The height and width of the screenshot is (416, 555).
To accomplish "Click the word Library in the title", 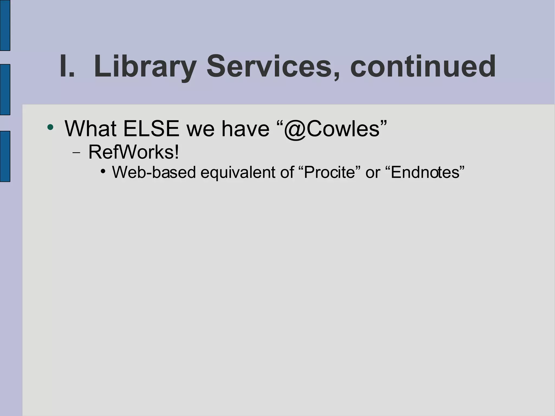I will [145, 67].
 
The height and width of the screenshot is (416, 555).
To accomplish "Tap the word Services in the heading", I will [269, 66].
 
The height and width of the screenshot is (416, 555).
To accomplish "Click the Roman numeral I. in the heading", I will [67, 66].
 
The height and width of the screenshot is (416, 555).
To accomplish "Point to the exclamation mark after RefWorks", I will [177, 152].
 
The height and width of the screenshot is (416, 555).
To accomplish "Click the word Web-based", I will [154, 172].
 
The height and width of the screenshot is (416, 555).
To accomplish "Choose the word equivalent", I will [238, 173].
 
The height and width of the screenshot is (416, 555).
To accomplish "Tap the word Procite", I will [329, 172].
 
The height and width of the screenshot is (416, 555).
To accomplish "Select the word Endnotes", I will [425, 172].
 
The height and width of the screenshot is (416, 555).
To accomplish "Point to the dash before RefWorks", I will [76, 153].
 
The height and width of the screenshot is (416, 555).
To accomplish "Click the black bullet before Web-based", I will [103, 171].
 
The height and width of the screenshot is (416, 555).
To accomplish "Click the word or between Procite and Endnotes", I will [373, 173].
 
